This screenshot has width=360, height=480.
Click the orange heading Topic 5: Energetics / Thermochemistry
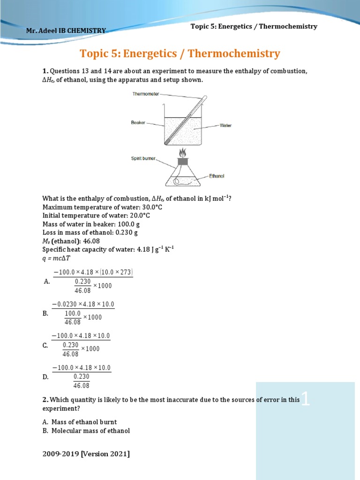[180, 53]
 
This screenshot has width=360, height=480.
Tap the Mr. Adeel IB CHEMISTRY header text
[66, 30]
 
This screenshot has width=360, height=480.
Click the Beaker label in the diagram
[138, 123]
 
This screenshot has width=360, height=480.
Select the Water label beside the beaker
[225, 126]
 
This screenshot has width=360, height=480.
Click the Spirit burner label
[143, 159]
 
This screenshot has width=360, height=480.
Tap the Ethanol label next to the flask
[217, 176]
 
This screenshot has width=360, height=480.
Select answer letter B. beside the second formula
[45, 314]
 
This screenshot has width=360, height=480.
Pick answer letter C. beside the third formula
[45, 345]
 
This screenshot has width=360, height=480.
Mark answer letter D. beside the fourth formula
[45, 376]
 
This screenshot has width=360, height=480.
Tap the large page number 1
[306, 399]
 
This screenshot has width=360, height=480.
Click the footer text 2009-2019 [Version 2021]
[86, 454]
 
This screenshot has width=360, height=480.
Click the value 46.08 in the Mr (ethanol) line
[91, 241]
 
